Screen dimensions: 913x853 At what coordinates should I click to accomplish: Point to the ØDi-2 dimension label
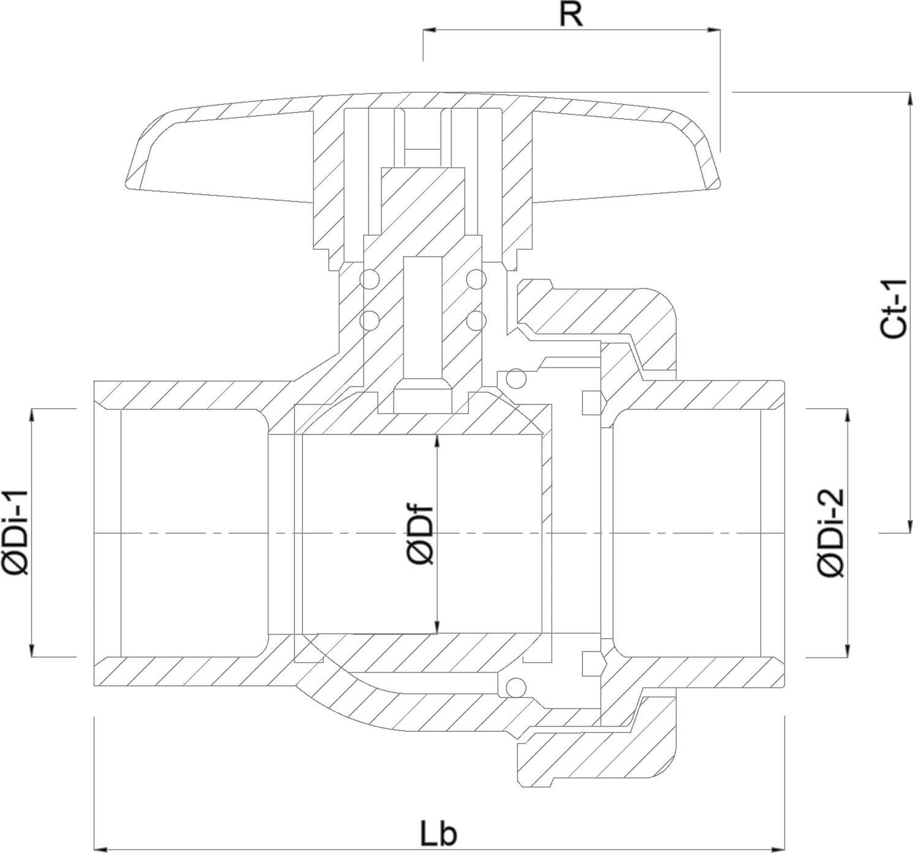(830, 532)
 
